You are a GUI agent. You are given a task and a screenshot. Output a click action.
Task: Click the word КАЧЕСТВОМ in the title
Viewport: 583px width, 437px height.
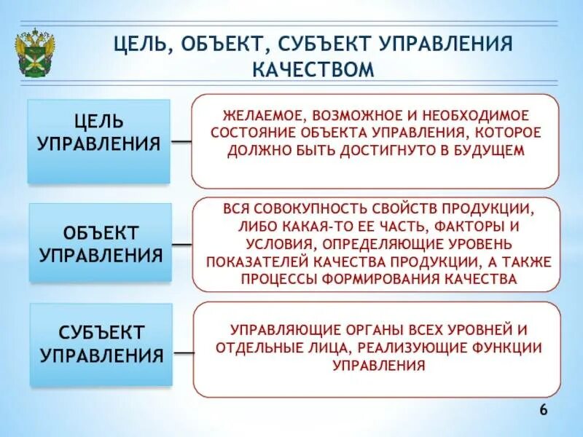pyautogui.click(x=313, y=69)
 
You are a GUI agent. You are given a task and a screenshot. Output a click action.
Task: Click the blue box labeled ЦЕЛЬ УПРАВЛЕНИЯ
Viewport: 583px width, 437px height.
pyautogui.click(x=99, y=141)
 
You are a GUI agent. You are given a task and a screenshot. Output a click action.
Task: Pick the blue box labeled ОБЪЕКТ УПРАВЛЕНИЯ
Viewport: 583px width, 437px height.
pyautogui.click(x=99, y=243)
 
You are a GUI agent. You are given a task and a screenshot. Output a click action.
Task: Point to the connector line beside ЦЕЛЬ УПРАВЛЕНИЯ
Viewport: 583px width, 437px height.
pyautogui.click(x=182, y=141)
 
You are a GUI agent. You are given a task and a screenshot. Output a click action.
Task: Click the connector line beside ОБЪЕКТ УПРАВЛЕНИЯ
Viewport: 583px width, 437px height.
pyautogui.click(x=182, y=243)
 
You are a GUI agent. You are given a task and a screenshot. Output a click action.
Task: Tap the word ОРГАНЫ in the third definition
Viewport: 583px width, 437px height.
pyautogui.click(x=359, y=330)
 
